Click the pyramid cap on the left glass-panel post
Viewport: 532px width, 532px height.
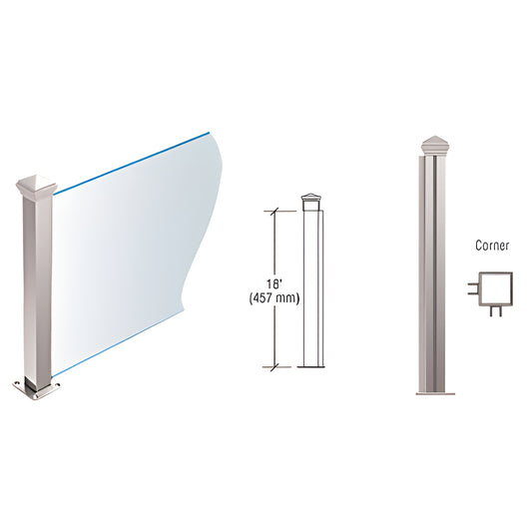(x=34, y=185)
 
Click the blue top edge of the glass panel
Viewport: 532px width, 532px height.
(x=130, y=160)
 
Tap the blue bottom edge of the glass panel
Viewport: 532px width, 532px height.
(x=120, y=349)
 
